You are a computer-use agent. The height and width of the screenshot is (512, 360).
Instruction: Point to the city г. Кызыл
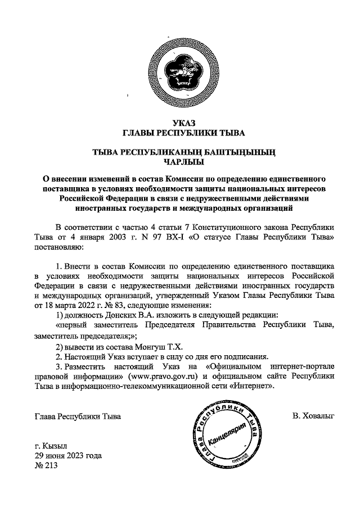coord(51,447)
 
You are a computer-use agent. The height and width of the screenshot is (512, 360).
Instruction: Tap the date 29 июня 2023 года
coord(68,457)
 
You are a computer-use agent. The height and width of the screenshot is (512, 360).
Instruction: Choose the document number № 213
coord(46,467)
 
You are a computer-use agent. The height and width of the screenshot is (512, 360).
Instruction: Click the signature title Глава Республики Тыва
coord(77,416)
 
